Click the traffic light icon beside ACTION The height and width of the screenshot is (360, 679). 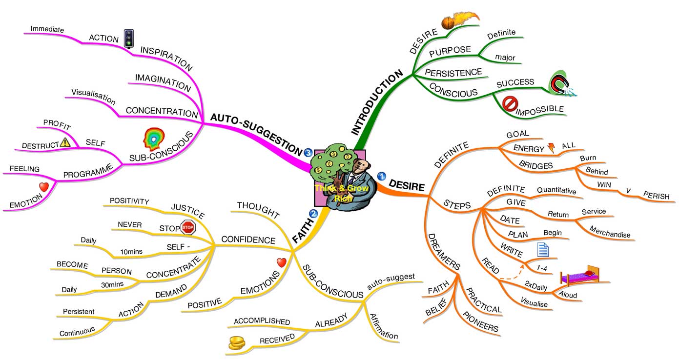(x=128, y=39)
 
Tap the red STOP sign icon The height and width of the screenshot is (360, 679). (x=188, y=227)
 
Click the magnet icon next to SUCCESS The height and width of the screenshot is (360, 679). (x=560, y=83)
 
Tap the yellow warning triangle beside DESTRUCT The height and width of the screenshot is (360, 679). (x=65, y=142)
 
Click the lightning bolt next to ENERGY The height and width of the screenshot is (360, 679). (x=552, y=147)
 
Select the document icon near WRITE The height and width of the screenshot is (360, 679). (x=543, y=250)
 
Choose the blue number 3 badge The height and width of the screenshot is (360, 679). (x=308, y=153)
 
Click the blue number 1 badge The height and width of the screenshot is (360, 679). (x=382, y=176)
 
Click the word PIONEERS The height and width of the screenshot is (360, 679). (x=481, y=321)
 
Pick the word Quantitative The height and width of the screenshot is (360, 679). (x=556, y=191)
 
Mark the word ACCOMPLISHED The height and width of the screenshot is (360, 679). (x=262, y=321)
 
